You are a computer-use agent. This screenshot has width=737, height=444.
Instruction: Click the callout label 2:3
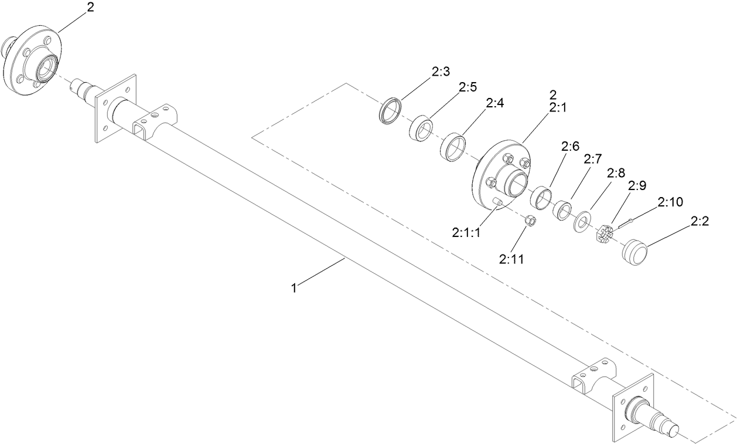tap(440, 72)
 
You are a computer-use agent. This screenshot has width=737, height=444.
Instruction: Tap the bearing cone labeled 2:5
tap(420, 128)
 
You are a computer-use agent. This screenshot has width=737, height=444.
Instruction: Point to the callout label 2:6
tap(570, 146)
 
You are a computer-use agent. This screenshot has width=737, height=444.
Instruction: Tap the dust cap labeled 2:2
tap(635, 251)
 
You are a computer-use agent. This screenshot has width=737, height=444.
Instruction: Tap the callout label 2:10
tap(670, 202)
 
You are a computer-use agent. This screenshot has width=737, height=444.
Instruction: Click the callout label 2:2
tap(700, 221)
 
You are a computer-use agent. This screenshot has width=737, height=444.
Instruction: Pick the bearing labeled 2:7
tap(563, 209)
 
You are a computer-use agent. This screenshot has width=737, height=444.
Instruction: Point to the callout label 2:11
tap(511, 258)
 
